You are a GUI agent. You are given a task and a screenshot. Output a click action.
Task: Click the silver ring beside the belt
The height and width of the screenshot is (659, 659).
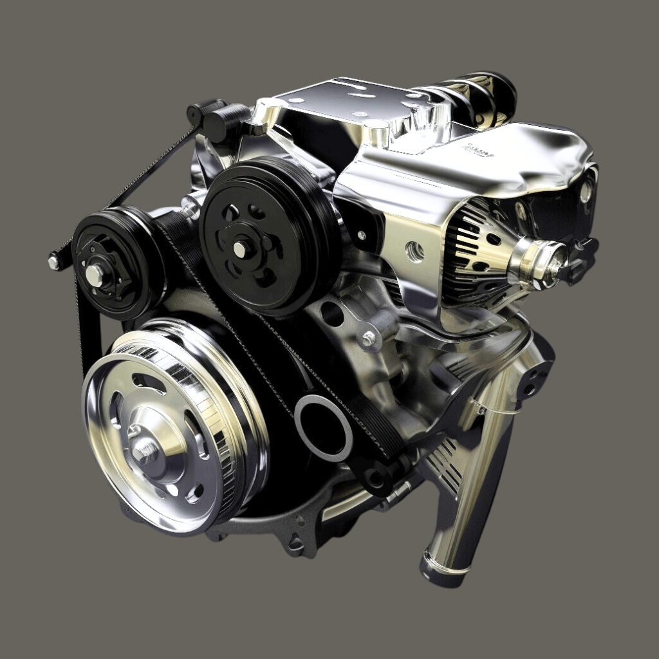323,428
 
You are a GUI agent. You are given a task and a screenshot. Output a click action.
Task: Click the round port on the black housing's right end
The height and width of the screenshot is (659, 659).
586,191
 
